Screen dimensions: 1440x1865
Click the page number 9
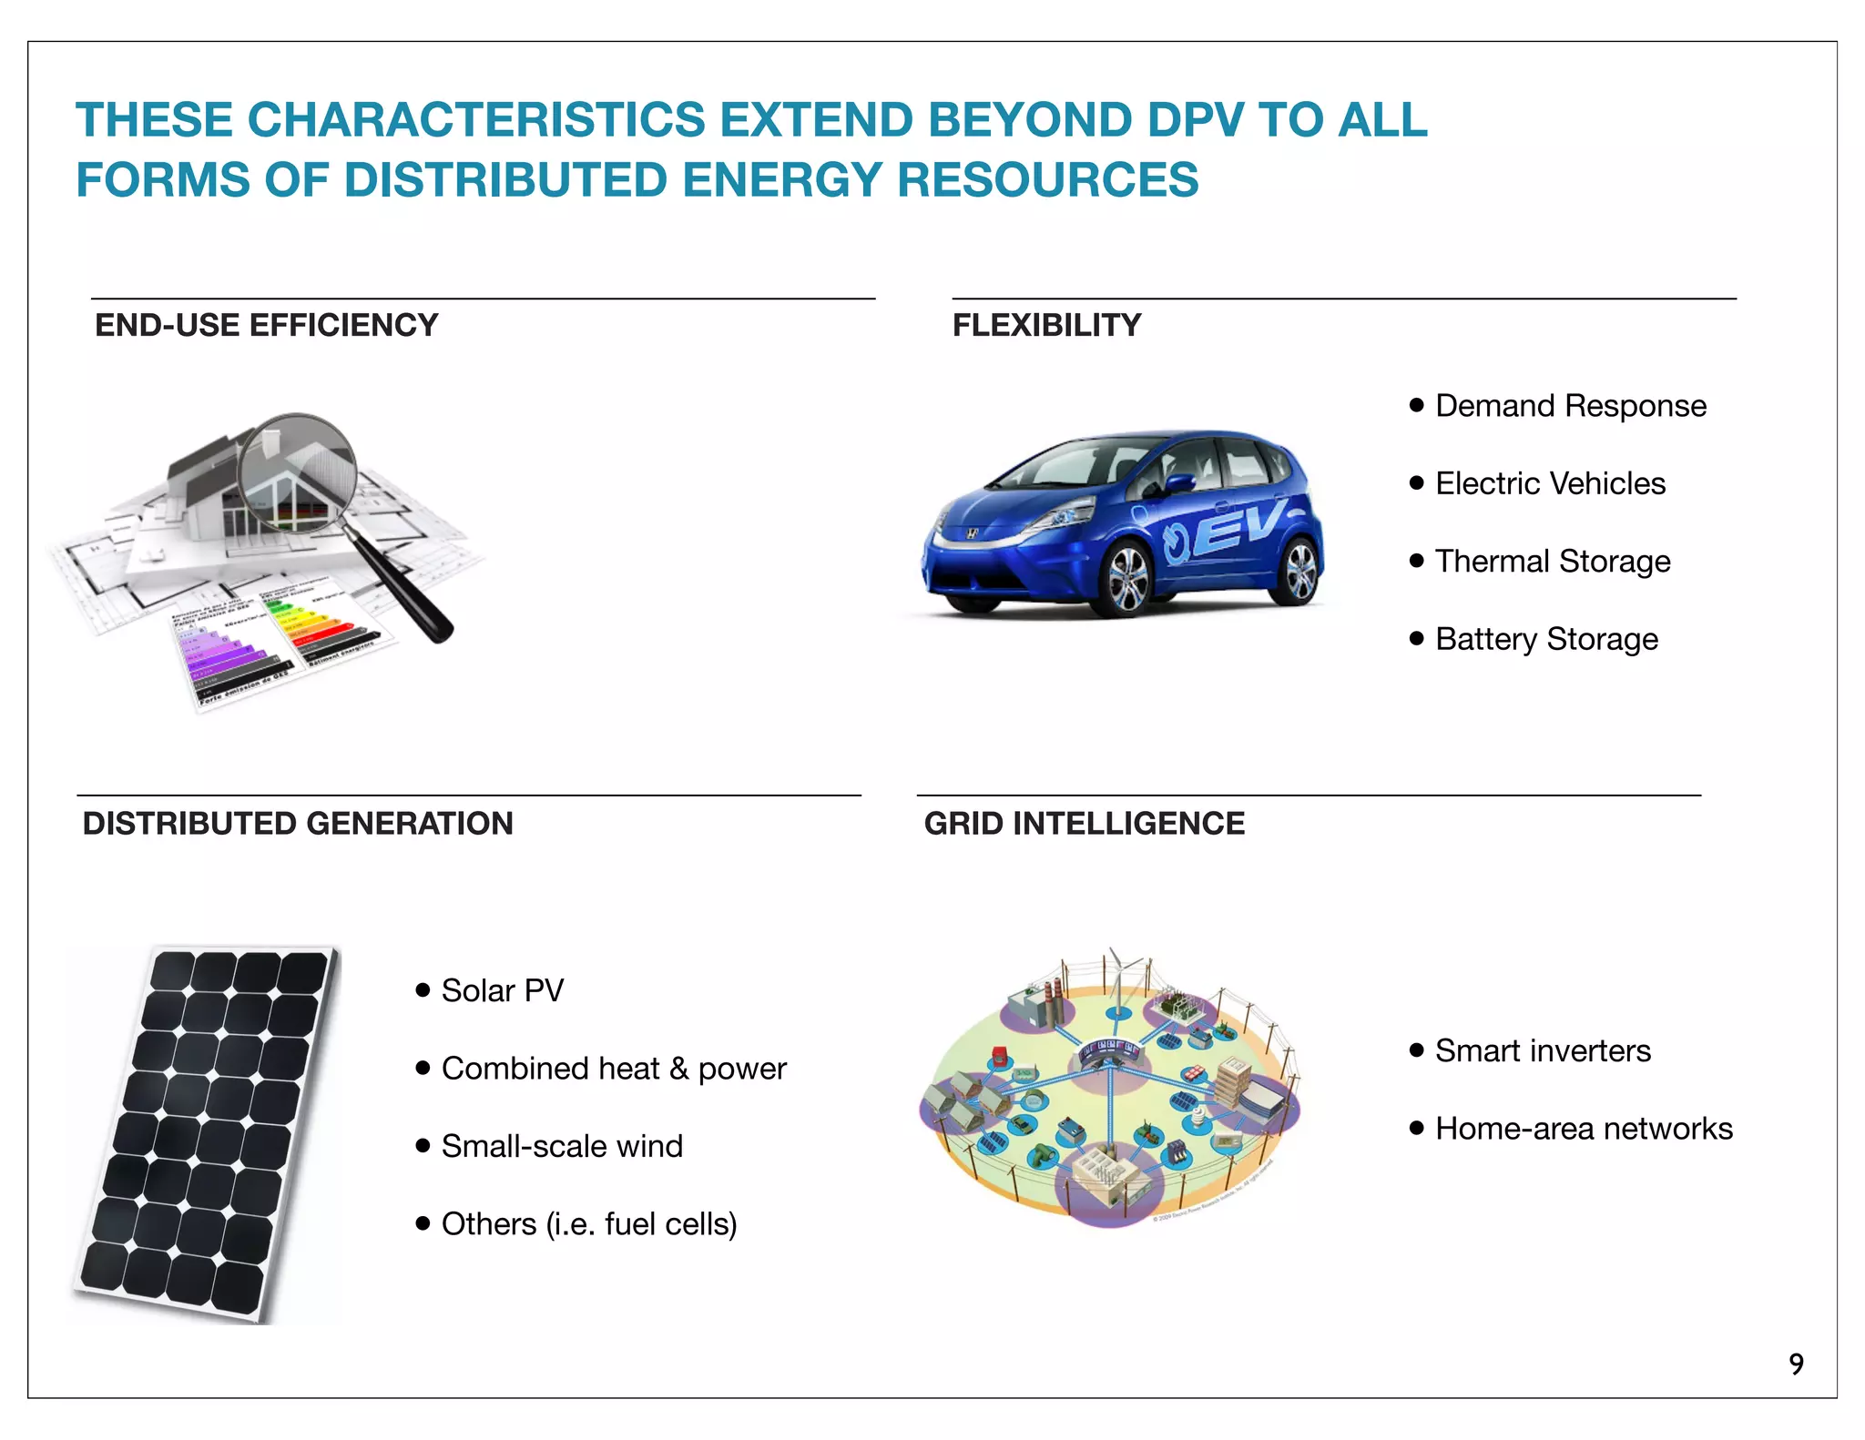1796,1364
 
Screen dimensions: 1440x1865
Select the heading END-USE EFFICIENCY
266,325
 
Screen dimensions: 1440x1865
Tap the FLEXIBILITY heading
1046,325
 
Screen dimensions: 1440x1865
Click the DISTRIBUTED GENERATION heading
298,823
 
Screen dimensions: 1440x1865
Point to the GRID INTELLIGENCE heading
1084,823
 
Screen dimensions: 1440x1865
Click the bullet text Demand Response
1570,406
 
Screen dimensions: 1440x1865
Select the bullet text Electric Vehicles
1550,483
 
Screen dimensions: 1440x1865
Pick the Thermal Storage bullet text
1553,562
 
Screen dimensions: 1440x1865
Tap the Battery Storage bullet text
1546,639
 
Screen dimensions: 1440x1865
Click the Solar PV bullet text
502,990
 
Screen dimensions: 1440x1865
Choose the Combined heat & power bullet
613,1069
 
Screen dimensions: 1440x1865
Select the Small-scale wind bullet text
562,1146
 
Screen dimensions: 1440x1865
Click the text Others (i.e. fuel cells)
588,1224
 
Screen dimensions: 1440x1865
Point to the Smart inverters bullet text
1543,1050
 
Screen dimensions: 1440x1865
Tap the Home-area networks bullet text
1584,1129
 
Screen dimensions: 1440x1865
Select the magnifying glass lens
298,472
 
